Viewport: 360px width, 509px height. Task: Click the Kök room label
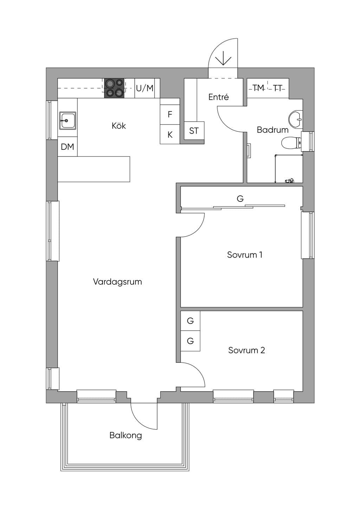pyautogui.click(x=118, y=125)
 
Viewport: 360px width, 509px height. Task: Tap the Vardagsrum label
pyautogui.click(x=117, y=282)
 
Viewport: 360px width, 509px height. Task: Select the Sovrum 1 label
pyautogui.click(x=245, y=255)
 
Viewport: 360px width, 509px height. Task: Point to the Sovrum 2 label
pyautogui.click(x=246, y=350)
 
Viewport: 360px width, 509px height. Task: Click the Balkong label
pyautogui.click(x=126, y=436)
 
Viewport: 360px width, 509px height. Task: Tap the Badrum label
pyautogui.click(x=272, y=130)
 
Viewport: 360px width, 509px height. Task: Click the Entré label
pyautogui.click(x=218, y=97)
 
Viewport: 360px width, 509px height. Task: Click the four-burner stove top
pyautogui.click(x=114, y=88)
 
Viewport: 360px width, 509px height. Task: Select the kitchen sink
pyautogui.click(x=67, y=121)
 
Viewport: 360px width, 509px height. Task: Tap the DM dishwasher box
pyautogui.click(x=67, y=147)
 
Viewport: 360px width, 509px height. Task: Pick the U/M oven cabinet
pyautogui.click(x=144, y=88)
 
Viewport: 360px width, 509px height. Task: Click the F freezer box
pyautogui.click(x=170, y=115)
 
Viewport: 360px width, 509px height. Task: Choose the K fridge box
pyautogui.click(x=170, y=134)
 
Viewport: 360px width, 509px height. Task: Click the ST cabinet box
pyautogui.click(x=194, y=131)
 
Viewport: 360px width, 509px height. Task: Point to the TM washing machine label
pyautogui.click(x=258, y=88)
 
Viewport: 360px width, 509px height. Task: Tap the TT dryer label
pyautogui.click(x=278, y=88)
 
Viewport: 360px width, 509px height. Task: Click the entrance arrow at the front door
pyautogui.click(x=223, y=58)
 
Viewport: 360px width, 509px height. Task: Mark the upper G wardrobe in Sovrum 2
pyautogui.click(x=190, y=321)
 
